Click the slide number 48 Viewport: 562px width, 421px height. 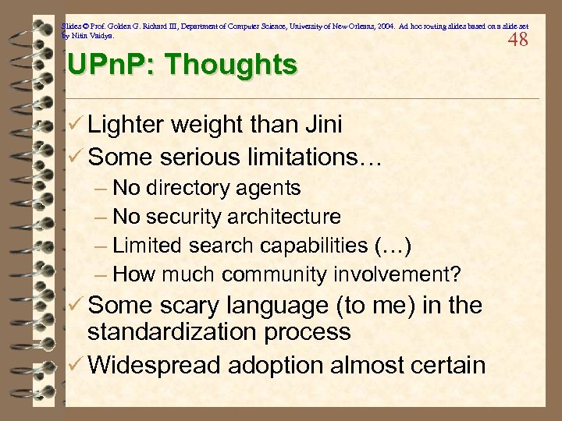click(518, 40)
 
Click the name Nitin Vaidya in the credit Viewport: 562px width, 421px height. click(96, 35)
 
